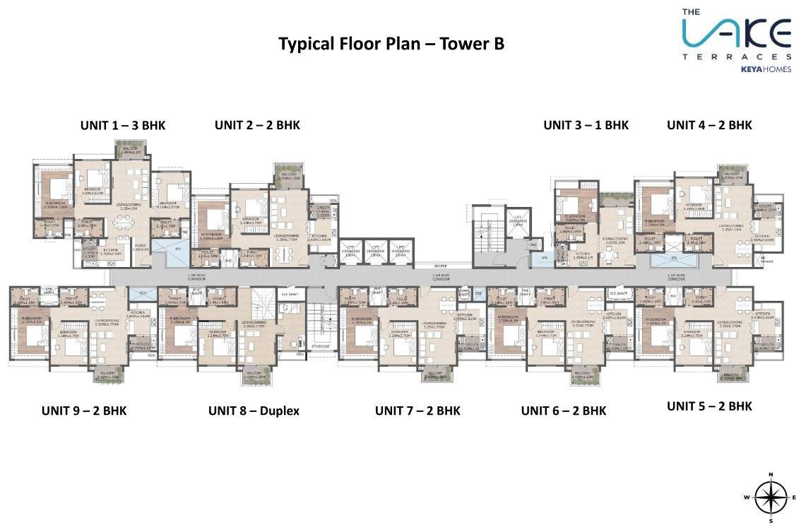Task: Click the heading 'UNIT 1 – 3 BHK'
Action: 123,125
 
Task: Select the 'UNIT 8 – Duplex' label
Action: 254,411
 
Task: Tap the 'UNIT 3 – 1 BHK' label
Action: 586,125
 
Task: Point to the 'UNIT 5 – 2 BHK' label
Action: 709,406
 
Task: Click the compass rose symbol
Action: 771,497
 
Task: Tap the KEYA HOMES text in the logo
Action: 766,69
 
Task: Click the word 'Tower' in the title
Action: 463,44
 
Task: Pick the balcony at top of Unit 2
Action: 290,175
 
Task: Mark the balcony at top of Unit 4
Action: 732,174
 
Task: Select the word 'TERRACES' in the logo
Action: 737,56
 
